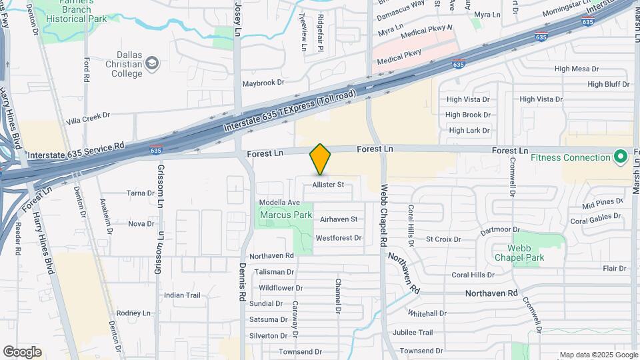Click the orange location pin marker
click(320, 159)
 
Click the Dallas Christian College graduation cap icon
click(153, 63)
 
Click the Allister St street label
click(328, 185)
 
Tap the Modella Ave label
click(279, 203)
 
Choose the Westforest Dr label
click(338, 237)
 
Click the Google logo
click(22, 351)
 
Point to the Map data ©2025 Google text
click(597, 355)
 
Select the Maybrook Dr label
click(263, 83)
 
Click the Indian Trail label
click(182, 295)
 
